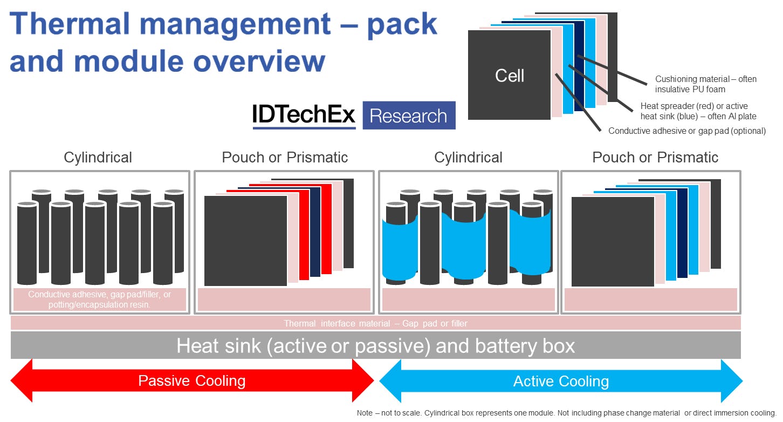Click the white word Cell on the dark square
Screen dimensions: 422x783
coord(509,76)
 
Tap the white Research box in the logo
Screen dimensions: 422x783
coord(409,115)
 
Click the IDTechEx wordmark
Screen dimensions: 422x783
coord(304,115)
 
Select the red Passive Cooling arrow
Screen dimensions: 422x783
coord(192,381)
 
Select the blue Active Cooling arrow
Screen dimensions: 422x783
coord(561,382)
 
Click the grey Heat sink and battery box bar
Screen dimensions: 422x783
coord(375,345)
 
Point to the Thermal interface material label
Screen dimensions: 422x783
coord(375,324)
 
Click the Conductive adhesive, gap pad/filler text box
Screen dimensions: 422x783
coord(100,300)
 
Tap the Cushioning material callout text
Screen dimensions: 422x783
coord(705,84)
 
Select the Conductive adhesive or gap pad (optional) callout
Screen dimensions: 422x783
coord(686,131)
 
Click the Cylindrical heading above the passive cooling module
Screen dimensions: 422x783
coord(98,158)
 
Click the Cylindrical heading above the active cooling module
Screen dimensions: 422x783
coord(468,158)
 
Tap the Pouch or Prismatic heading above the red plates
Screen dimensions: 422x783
coord(285,158)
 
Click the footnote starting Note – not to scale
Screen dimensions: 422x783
coord(566,413)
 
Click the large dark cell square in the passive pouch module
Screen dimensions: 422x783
coord(245,241)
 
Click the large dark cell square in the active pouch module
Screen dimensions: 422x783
coord(613,242)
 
